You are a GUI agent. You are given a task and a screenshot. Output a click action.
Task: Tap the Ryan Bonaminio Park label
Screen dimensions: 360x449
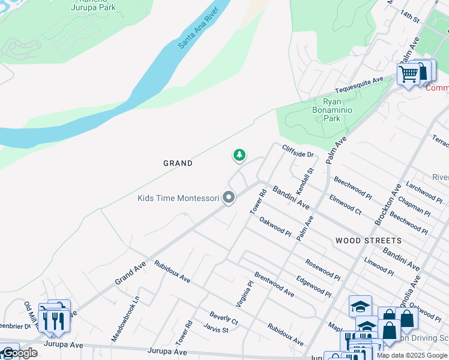click(332, 110)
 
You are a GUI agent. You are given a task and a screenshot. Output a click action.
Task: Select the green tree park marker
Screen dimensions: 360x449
click(240, 155)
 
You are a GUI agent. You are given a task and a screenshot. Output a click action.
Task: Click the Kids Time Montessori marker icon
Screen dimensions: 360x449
click(229, 197)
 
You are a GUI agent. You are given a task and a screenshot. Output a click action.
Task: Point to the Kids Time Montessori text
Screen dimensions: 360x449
click(178, 198)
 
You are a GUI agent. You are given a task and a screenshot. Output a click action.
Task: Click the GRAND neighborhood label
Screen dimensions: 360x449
click(178, 163)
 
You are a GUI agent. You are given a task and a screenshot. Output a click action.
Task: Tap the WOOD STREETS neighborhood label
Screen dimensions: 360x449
click(369, 241)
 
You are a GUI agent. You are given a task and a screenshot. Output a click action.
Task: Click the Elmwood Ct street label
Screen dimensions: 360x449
click(345, 204)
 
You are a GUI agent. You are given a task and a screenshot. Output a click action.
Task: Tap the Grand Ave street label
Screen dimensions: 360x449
click(128, 272)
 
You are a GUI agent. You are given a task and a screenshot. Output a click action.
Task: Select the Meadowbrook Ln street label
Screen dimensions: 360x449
click(125, 318)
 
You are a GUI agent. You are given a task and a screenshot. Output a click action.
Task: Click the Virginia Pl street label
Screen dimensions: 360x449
click(247, 293)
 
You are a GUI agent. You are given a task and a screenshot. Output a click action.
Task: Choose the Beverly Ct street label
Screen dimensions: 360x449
click(224, 318)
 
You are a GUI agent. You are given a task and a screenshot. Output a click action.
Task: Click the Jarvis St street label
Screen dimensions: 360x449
click(216, 329)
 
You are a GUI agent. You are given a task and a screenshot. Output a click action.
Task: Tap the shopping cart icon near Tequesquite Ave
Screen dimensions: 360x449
click(409, 75)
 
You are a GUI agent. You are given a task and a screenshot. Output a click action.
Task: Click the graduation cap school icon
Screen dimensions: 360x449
click(360, 306)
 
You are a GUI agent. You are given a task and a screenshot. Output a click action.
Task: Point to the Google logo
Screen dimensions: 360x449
click(19, 353)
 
